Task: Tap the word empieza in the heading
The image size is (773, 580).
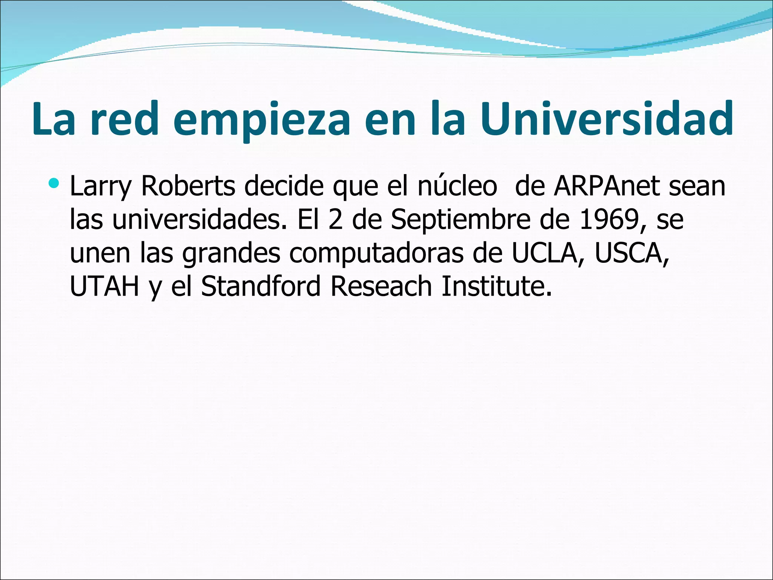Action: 262,120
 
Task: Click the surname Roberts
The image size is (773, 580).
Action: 188,186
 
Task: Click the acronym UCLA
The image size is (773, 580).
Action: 545,253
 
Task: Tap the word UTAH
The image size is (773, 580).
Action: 105,286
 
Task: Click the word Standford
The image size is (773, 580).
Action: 260,286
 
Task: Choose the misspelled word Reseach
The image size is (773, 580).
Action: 381,286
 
